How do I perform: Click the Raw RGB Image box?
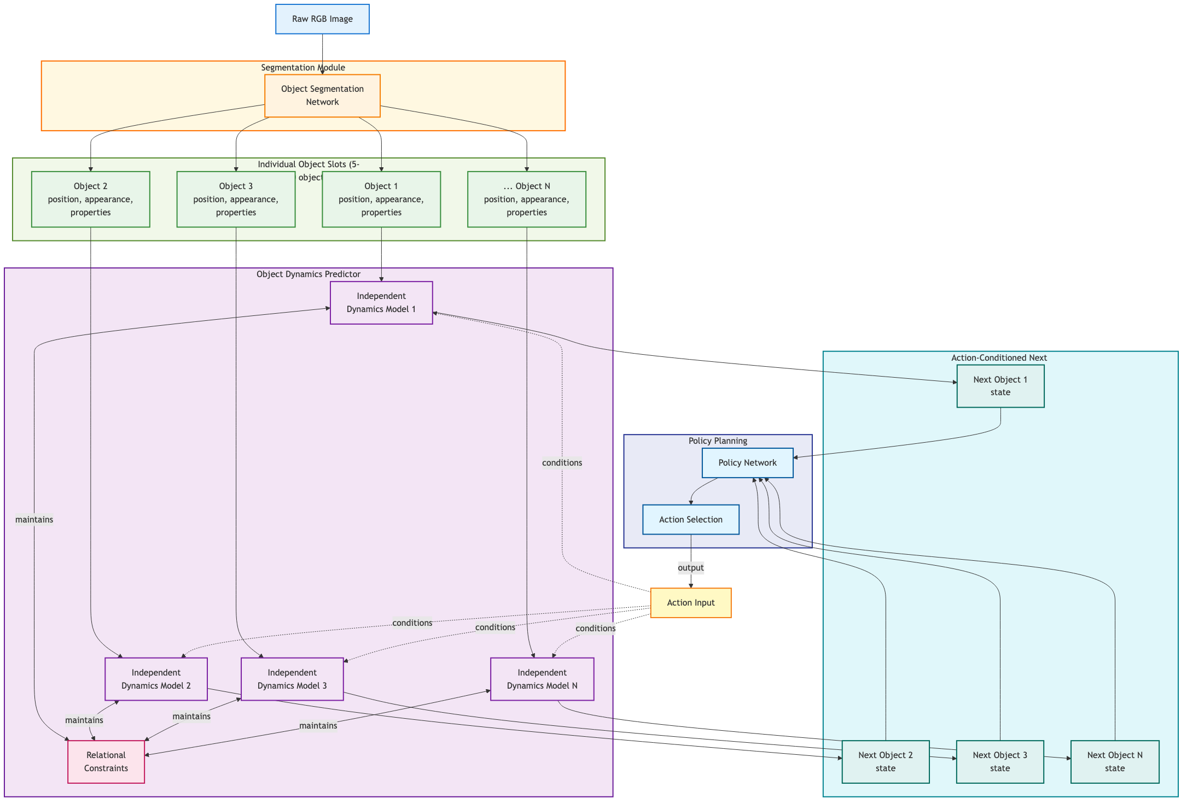[x=322, y=19]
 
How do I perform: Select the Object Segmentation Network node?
[x=322, y=96]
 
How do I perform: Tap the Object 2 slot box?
[x=91, y=199]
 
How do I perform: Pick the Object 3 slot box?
[x=236, y=199]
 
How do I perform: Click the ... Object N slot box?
[x=526, y=199]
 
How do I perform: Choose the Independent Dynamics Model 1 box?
[x=381, y=303]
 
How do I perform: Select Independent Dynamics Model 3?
[x=292, y=679]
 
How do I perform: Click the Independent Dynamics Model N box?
[x=542, y=679]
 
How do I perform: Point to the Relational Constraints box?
[x=106, y=761]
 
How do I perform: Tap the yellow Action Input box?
[x=690, y=603]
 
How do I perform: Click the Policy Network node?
[x=747, y=463]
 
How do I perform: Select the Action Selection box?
[x=690, y=520]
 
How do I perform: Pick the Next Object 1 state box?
[x=1000, y=386]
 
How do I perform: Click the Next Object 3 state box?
[x=999, y=761]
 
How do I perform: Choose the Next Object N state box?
[x=1114, y=761]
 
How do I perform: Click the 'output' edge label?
[x=690, y=568]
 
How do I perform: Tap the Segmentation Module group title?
[x=302, y=68]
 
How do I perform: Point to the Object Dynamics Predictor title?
[x=308, y=274]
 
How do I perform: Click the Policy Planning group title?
[x=717, y=441]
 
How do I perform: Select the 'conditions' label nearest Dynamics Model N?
[x=595, y=629]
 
